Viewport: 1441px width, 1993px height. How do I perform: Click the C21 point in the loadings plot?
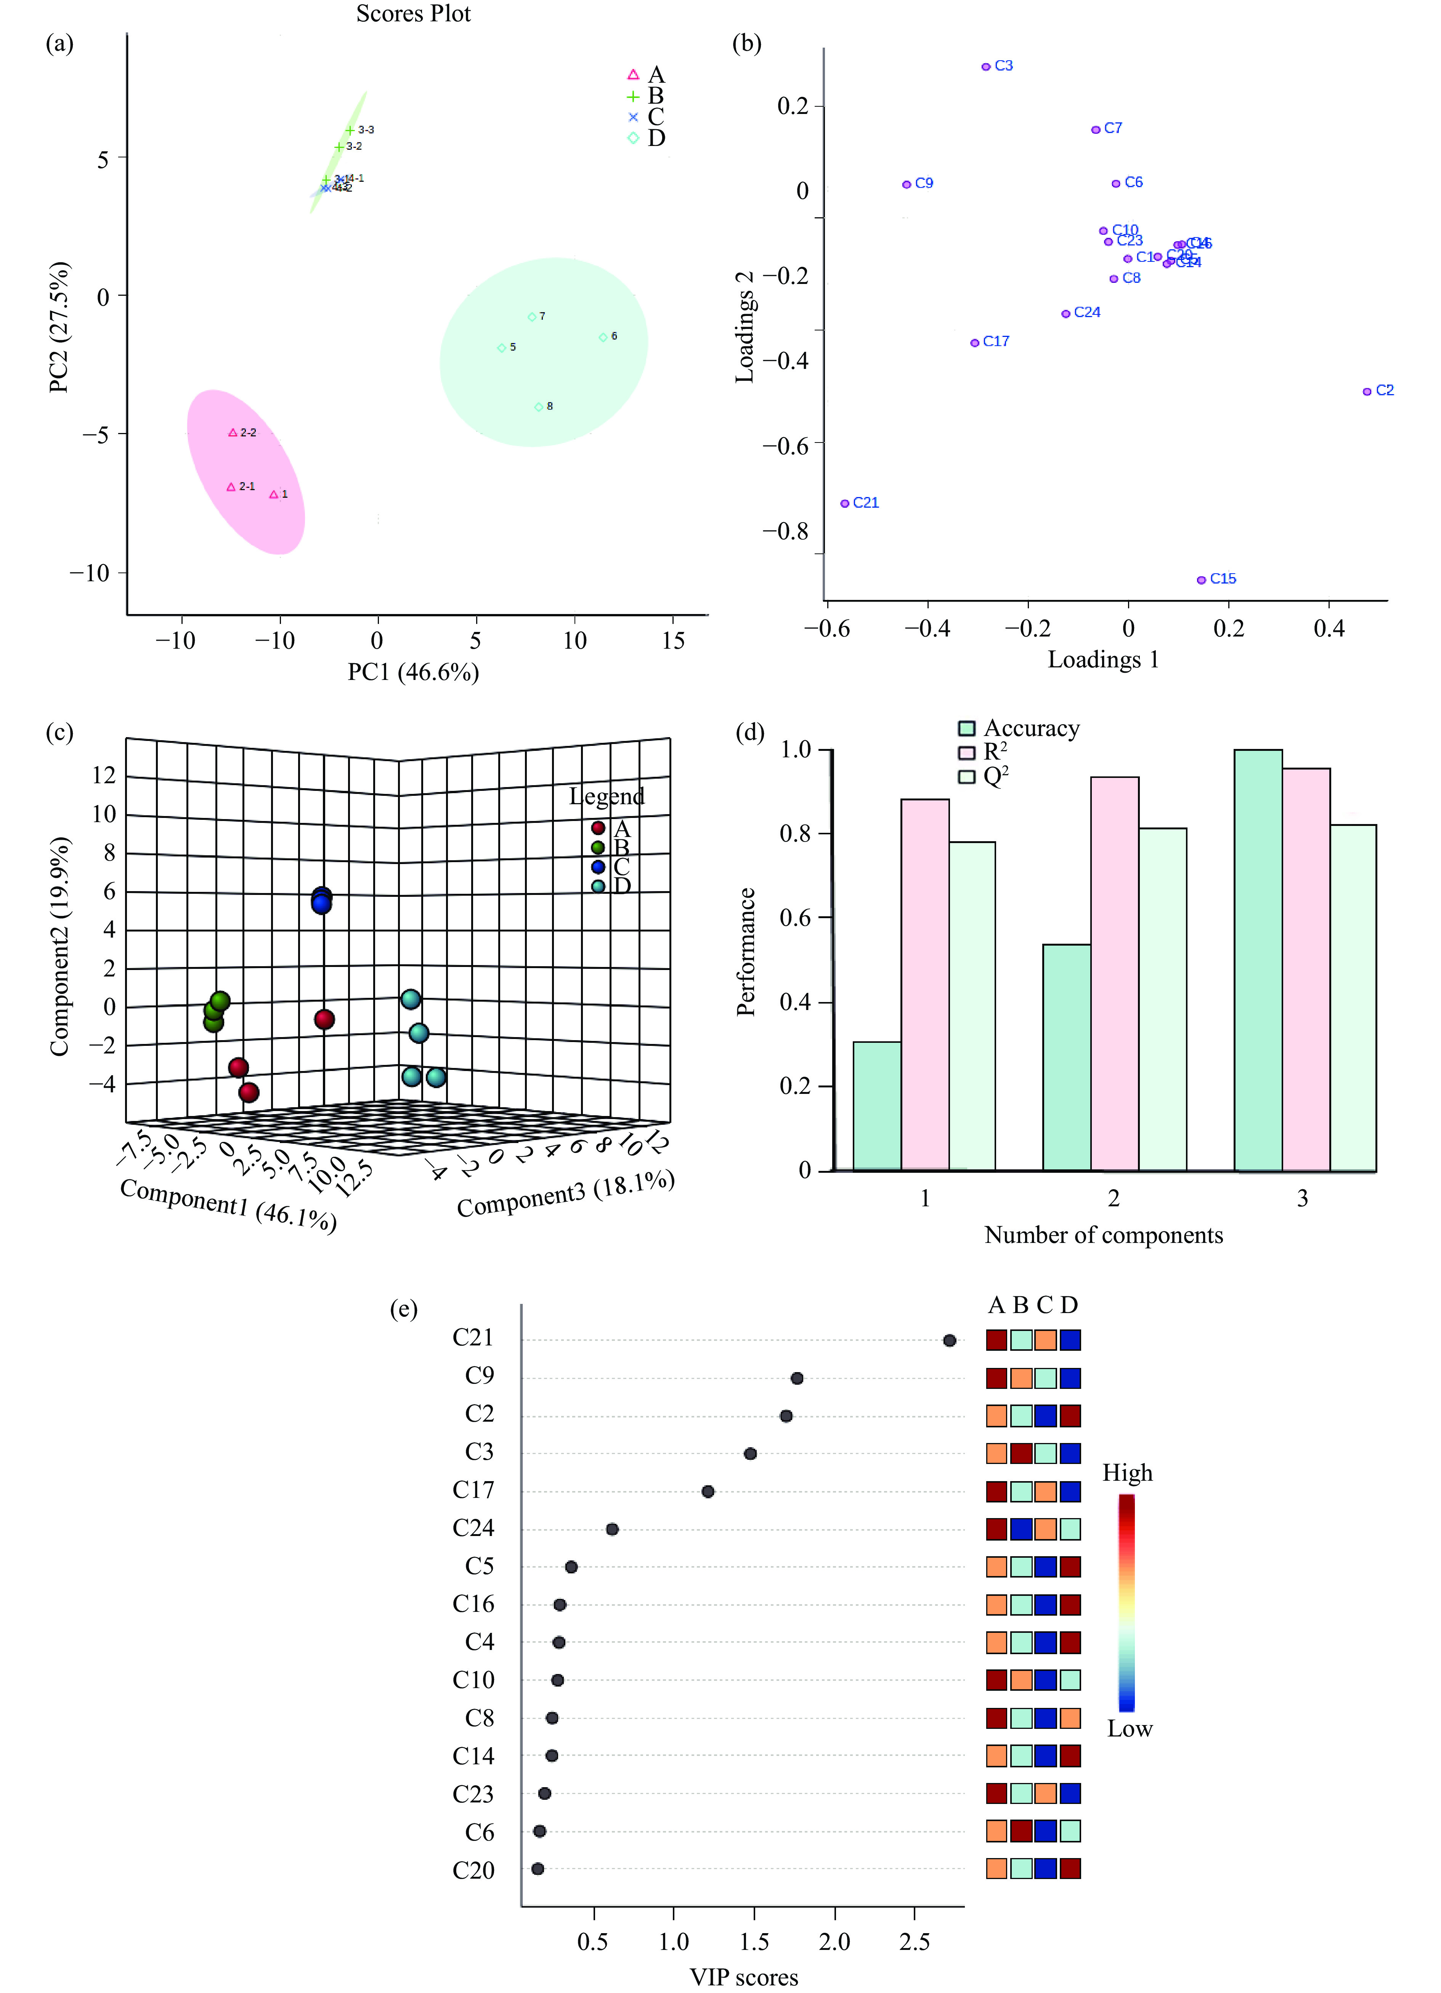tap(844, 503)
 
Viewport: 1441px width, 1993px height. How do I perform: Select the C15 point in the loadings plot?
tap(1201, 580)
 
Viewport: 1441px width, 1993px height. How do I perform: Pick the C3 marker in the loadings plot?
tap(986, 67)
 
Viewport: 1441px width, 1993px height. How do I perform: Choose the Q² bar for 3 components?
tap(1353, 997)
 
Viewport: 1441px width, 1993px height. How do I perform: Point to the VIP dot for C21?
tap(949, 1340)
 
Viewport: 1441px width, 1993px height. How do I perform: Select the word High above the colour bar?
tap(1127, 1473)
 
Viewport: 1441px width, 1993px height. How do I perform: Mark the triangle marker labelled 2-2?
tap(233, 432)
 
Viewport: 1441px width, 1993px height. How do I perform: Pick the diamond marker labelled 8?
tap(539, 407)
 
